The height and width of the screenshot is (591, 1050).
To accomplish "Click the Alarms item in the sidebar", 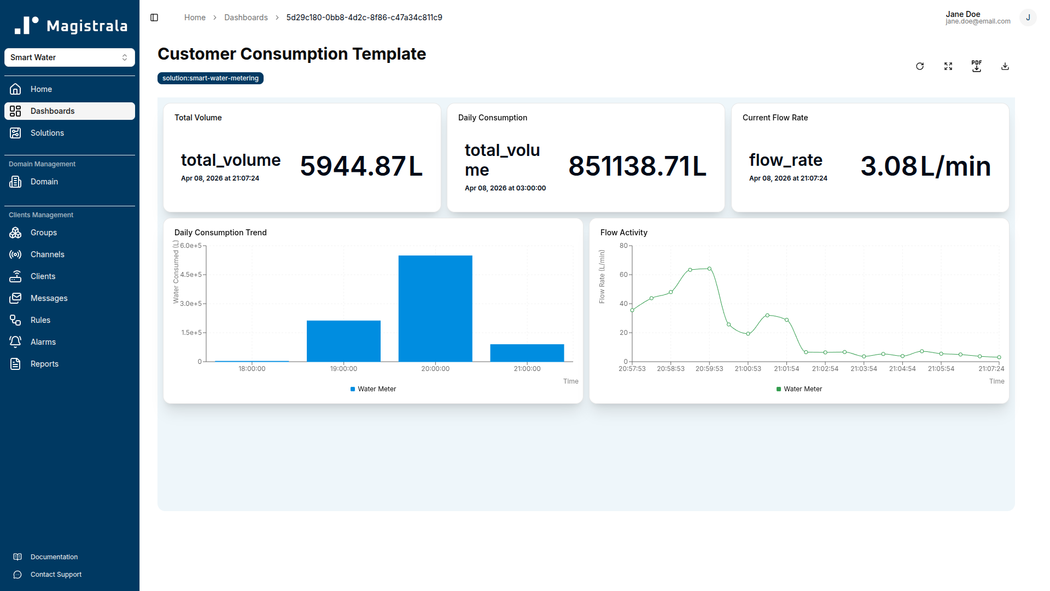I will coord(43,342).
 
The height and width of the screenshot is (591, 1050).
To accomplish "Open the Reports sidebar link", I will coord(44,364).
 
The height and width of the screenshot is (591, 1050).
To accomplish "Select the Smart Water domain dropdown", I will coord(69,57).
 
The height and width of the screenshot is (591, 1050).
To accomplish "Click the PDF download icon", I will coord(976,66).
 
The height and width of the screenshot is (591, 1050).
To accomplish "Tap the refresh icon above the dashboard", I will coord(920,66).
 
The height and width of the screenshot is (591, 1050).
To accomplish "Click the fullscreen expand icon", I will coord(948,66).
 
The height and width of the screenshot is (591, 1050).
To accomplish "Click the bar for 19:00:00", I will coord(343,341).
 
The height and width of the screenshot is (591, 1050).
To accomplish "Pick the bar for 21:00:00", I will coord(527,353).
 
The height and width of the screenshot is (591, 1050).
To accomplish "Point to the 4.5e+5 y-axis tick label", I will coord(191,275).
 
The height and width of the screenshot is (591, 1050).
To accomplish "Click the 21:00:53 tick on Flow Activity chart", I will coord(748,369).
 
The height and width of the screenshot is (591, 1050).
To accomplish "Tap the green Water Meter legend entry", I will coord(799,389).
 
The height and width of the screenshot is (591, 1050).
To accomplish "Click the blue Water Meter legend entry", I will coord(373,389).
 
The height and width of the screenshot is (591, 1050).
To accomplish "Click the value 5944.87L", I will coord(361,166).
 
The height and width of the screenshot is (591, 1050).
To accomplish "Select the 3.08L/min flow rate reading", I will coord(925,166).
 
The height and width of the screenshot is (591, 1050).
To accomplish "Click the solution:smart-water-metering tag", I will coord(211,78).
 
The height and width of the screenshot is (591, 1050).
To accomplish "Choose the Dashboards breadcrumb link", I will coord(246,18).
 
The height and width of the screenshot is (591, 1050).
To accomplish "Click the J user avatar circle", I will coord(1028,18).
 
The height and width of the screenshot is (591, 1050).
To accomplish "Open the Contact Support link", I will coord(56,575).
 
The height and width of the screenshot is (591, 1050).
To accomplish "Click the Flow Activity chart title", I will coord(623,233).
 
